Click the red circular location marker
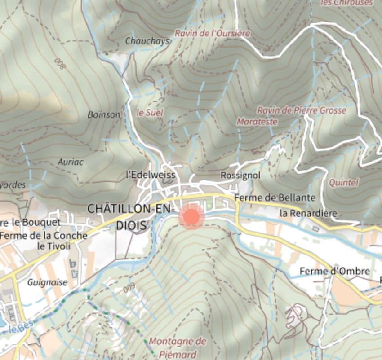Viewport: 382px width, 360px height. click(x=191, y=216)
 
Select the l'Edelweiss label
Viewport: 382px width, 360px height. click(x=151, y=175)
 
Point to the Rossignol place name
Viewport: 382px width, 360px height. click(x=240, y=176)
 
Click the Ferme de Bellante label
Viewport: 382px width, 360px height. click(x=275, y=198)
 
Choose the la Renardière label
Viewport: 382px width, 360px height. click(x=308, y=213)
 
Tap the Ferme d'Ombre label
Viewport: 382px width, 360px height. click(x=334, y=271)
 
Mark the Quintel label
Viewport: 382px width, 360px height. click(x=343, y=182)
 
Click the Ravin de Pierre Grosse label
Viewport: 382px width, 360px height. click(x=301, y=110)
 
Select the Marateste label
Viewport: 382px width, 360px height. click(x=257, y=122)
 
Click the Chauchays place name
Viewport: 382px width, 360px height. click(x=147, y=41)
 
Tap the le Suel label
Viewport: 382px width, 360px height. click(x=150, y=112)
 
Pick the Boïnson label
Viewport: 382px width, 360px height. click(x=104, y=114)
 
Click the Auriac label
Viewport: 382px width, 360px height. click(x=71, y=162)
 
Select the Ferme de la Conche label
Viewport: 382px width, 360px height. click(x=44, y=235)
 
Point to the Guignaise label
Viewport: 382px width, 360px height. click(x=47, y=282)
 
